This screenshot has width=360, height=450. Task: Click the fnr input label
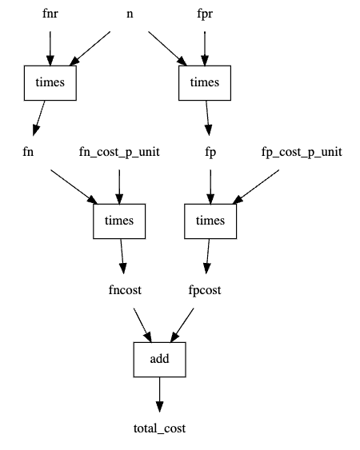tap(50, 14)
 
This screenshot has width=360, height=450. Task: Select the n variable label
tap(130, 14)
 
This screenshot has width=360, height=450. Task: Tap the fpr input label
tap(205, 14)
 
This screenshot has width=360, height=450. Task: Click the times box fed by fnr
tap(50, 82)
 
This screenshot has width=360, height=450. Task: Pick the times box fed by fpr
tap(205, 82)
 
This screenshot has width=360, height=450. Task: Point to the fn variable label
tap(33, 151)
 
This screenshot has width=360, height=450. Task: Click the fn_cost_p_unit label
tap(119, 151)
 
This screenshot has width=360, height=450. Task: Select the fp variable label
tap(210, 151)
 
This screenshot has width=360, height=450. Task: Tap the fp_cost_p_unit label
tap(302, 151)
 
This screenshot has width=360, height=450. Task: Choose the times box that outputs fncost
tap(119, 220)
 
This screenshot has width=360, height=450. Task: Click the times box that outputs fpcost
tap(210, 220)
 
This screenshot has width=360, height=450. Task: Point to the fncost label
tap(124, 289)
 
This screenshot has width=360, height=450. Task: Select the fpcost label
tap(206, 289)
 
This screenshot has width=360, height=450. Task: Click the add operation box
tap(159, 358)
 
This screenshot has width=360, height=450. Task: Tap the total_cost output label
tap(159, 428)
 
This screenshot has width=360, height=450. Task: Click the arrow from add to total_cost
tap(159, 393)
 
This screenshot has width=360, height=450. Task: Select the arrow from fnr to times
tap(50, 48)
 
